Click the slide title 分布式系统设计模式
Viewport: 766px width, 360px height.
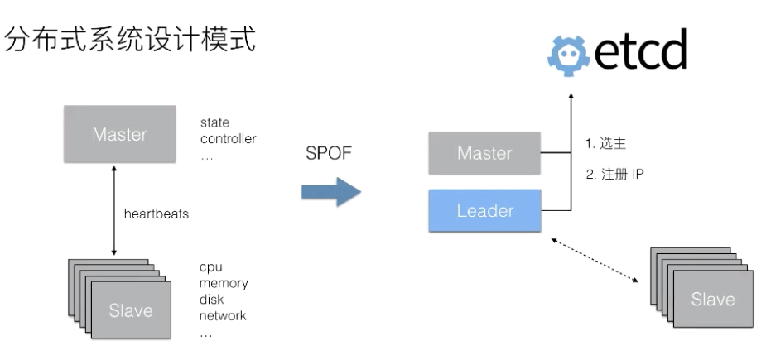pyautogui.click(x=131, y=41)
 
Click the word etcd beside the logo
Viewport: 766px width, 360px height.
pyautogui.click(x=639, y=50)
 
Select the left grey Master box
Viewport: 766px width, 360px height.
pyautogui.click(x=119, y=134)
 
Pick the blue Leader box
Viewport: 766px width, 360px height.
pyautogui.click(x=484, y=210)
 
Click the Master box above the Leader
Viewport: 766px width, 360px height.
pyautogui.click(x=484, y=153)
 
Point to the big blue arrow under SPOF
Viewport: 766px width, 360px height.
pyautogui.click(x=330, y=193)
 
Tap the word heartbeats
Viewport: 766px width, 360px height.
pyautogui.click(x=157, y=214)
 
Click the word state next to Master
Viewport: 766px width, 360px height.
pyautogui.click(x=214, y=123)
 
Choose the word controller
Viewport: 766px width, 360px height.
pyautogui.click(x=228, y=138)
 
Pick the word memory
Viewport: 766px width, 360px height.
pyautogui.click(x=223, y=284)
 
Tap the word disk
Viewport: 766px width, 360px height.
pyautogui.click(x=212, y=300)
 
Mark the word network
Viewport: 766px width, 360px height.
pyautogui.click(x=223, y=315)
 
